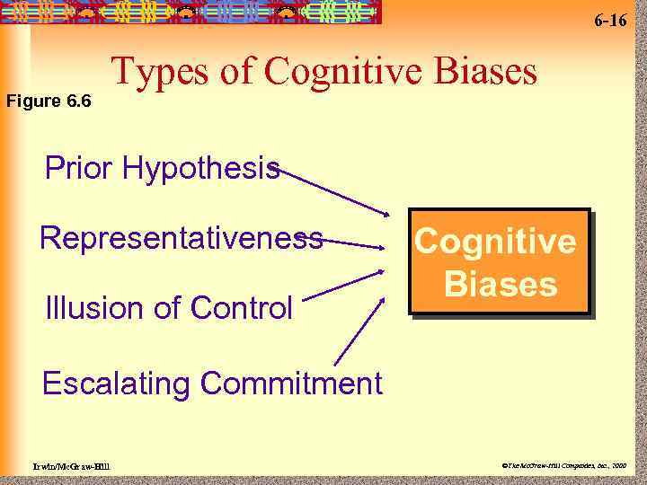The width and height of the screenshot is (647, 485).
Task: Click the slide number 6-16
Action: (610, 20)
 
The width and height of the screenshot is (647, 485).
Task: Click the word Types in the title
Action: (163, 72)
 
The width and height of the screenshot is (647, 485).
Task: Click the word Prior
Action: (80, 168)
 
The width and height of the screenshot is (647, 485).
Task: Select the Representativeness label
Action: (181, 238)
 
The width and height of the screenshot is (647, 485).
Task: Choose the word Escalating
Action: (117, 384)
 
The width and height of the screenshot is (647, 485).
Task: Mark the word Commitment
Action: (292, 384)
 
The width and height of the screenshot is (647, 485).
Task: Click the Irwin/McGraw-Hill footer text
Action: (71, 466)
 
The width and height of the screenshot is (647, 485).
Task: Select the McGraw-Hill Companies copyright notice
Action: (567, 466)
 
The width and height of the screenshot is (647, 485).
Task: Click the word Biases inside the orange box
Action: (501, 284)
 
